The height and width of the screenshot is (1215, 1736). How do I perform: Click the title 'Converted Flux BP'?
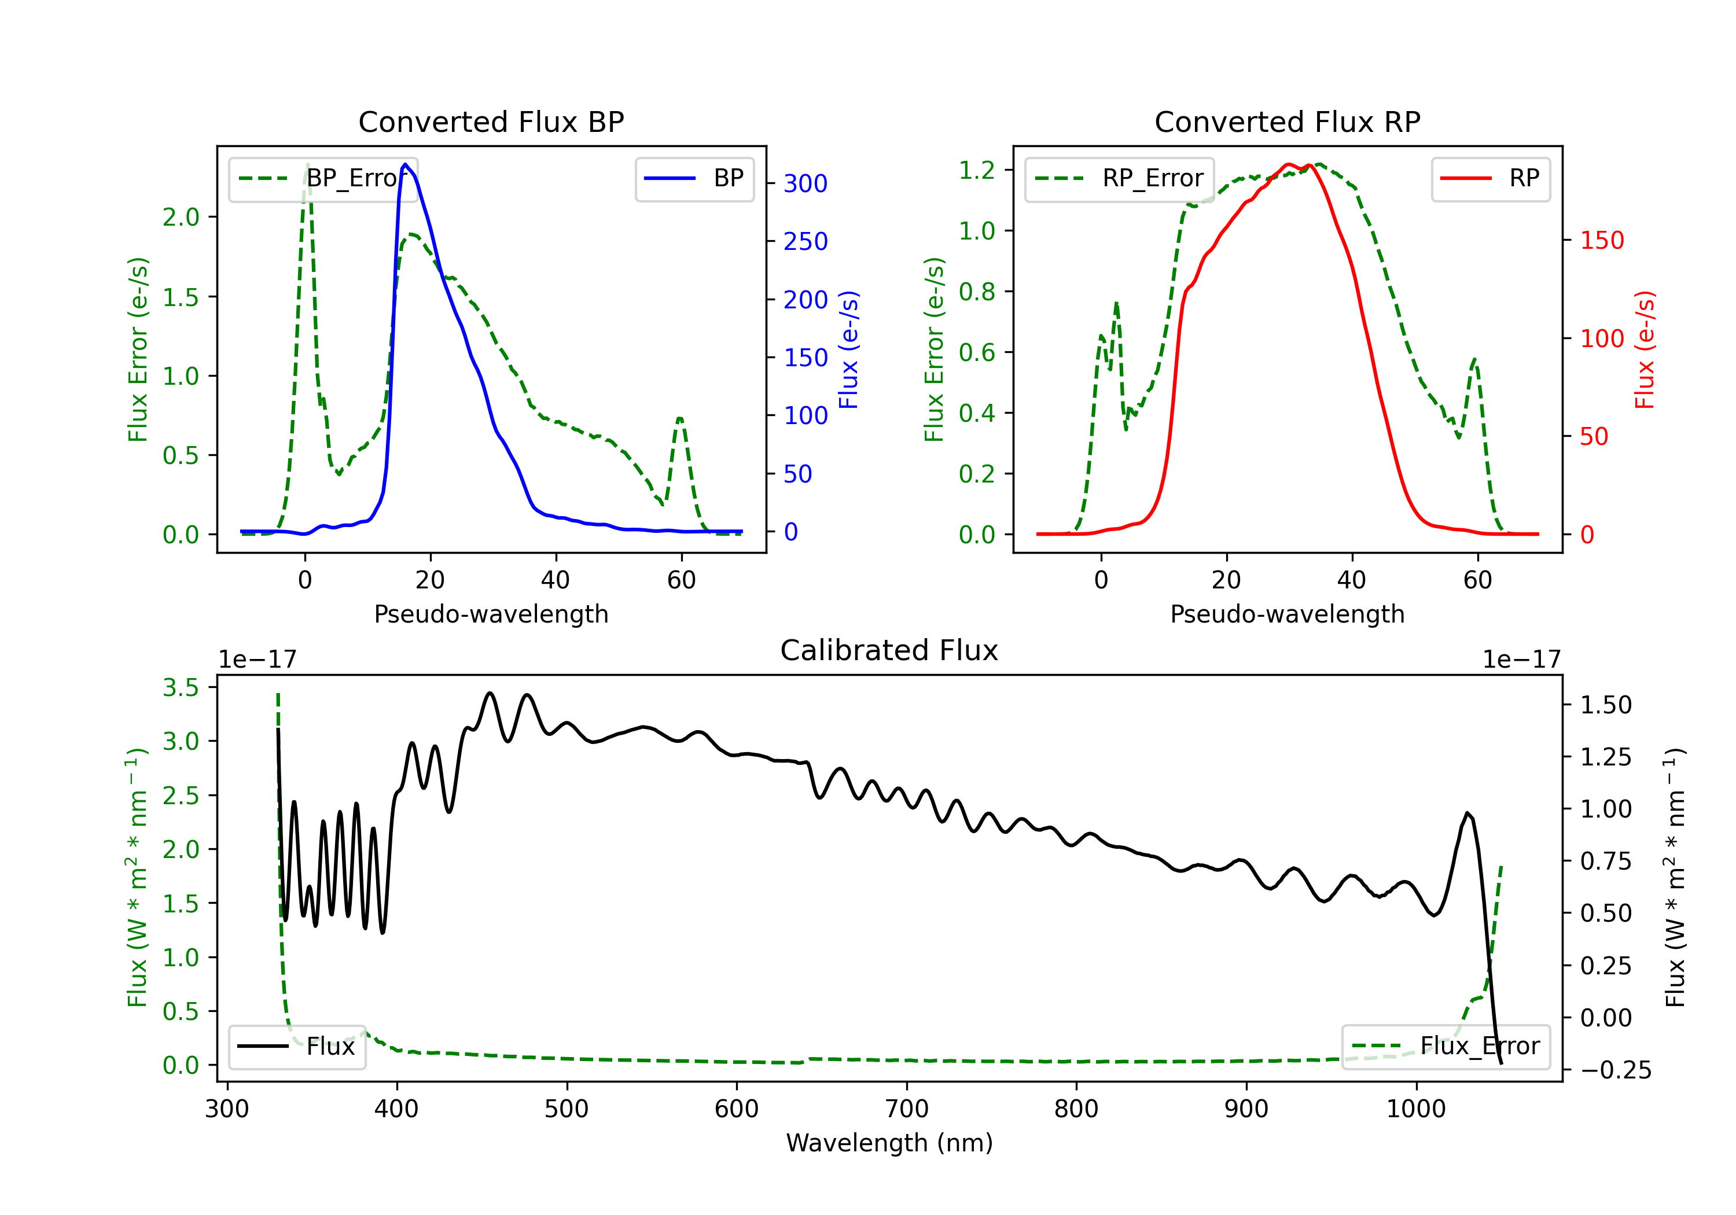491,122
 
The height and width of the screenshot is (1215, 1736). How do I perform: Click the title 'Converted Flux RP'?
1287,122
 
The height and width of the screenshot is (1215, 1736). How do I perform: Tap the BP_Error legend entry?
323,178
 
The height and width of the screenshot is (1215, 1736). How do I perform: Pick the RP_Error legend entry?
1120,178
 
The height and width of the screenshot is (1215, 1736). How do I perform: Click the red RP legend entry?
1490,178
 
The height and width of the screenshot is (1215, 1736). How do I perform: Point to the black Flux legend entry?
297,1047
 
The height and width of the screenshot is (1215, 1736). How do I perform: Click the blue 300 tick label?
806,184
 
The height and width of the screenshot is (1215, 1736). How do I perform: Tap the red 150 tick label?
1602,241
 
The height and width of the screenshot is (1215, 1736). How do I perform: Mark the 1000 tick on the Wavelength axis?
1415,1109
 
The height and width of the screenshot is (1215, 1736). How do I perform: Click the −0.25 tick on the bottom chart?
1616,1070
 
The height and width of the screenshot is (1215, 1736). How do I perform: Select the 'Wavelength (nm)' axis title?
889,1143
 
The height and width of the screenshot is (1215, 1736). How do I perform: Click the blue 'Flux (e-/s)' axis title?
848,349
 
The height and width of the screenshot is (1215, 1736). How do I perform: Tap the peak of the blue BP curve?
405,164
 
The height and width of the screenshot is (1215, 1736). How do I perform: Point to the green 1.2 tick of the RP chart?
977,170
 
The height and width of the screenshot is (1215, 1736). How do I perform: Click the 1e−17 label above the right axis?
1521,660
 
